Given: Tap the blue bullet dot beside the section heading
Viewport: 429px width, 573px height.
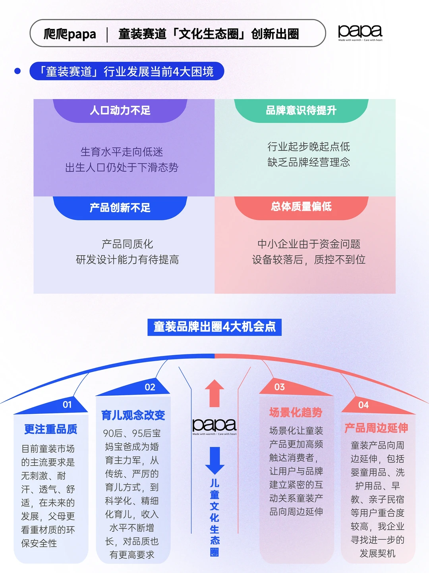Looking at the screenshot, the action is pos(17,71).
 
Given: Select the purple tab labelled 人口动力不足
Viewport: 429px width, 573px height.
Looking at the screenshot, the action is pos(120,110).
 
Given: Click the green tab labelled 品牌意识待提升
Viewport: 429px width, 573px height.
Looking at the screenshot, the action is pos(301,110).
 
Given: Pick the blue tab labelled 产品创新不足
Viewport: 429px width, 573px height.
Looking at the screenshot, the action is pos(120,208).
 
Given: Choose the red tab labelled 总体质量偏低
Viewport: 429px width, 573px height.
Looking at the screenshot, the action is pos(301,207).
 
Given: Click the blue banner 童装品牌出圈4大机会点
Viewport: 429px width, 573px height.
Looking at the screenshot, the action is pos(214,327).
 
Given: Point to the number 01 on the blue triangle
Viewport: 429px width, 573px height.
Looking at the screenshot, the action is pos(67,405).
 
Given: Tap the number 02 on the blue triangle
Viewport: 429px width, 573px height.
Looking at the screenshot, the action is pos(150,387).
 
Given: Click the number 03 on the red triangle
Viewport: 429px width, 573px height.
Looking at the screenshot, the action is pos(280,386).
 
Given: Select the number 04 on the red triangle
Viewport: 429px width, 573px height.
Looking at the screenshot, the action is pos(363,405).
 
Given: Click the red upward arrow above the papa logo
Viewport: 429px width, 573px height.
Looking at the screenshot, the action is pos(214,393).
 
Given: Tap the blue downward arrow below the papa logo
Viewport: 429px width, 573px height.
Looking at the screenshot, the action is pos(215,461).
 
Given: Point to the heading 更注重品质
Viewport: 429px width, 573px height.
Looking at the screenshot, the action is pos(51,429).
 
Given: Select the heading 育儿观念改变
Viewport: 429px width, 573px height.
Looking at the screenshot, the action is pos(133,415).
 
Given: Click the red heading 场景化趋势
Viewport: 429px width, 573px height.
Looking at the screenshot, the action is pos(296,412).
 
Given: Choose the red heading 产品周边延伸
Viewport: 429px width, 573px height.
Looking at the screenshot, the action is pos(376,428).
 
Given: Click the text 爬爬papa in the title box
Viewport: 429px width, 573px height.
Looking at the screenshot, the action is pos(70,34).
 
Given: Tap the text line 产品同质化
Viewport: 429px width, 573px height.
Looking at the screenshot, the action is pos(127,244).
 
